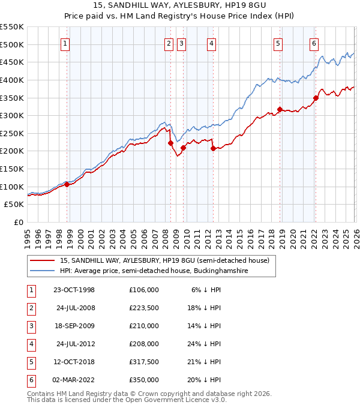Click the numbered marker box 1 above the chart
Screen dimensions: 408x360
pos(64,43)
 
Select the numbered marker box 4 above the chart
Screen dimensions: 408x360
pos(212,43)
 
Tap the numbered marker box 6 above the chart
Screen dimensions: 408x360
pos(314,43)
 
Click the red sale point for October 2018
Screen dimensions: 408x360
pos(280,109)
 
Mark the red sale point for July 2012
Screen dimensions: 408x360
pos(213,148)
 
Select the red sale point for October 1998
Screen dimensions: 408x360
pos(67,185)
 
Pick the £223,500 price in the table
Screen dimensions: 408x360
pos(143,308)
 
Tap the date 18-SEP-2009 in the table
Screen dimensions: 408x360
pos(73,326)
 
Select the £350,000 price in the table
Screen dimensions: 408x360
pos(143,380)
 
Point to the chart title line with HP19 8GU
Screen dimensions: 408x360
pos(180,6)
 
